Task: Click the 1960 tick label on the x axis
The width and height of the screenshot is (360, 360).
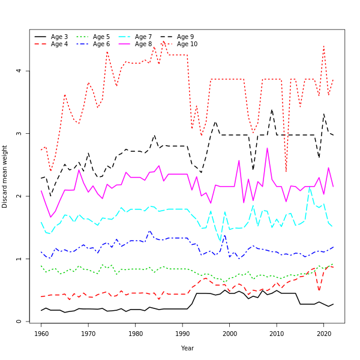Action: click(x=41, y=333)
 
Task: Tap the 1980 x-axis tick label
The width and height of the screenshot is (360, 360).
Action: click(x=136, y=333)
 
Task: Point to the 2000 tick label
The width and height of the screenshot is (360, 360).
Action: click(x=230, y=333)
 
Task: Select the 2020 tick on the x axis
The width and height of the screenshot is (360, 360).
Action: click(x=324, y=333)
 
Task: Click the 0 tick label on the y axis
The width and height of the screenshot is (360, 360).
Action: click(x=20, y=322)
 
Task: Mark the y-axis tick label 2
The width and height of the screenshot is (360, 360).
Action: click(x=20, y=196)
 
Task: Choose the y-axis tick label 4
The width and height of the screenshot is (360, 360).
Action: click(x=20, y=71)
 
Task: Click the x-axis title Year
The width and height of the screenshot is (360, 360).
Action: click(x=187, y=348)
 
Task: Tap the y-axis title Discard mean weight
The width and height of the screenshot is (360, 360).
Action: click(x=5, y=176)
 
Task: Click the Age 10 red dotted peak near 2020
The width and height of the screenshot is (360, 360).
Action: click(x=324, y=46)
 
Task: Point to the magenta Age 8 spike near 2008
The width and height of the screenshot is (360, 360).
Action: click(x=267, y=148)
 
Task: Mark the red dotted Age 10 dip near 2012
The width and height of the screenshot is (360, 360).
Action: click(x=286, y=172)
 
